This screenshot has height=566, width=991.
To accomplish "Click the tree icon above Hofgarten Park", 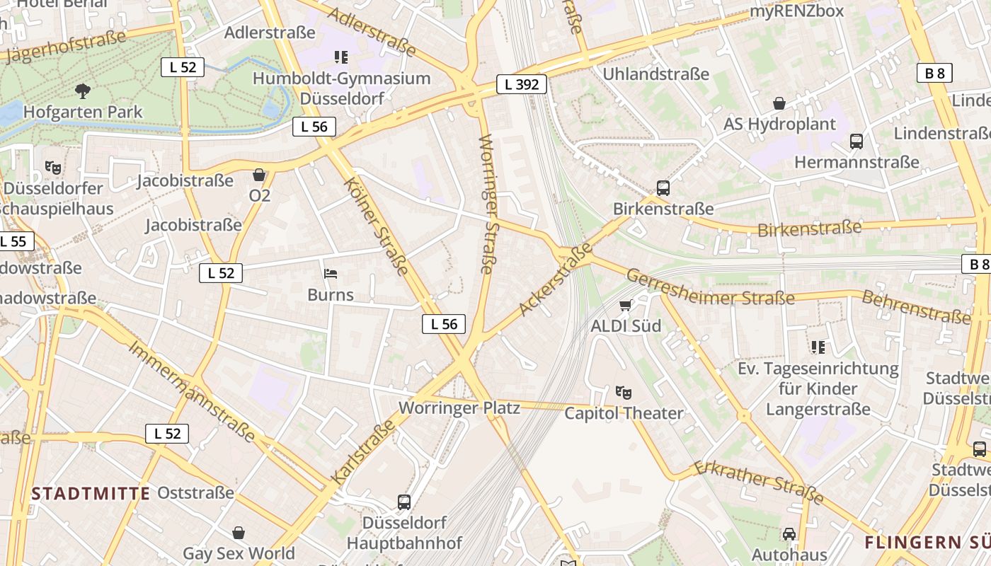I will pos(83,91).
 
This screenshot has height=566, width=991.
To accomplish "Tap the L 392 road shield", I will pos(522,85).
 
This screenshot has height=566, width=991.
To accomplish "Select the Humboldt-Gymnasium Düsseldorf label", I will pos(341,88).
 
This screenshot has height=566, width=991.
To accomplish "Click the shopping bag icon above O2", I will pos(259,175).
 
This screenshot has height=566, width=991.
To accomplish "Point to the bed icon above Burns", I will pos(330,273).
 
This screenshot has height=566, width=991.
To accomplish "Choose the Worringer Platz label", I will pos(459,408).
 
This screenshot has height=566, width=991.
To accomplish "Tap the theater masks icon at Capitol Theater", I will pos(623,392).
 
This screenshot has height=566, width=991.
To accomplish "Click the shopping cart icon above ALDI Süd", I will pos(625,305).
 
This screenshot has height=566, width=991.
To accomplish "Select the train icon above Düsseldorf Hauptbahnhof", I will pos(403,502).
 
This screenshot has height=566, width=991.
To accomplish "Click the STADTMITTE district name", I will pos(91,493).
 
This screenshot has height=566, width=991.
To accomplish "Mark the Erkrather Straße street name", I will pos(758,483).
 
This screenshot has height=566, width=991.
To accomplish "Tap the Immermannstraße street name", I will pos(191,391).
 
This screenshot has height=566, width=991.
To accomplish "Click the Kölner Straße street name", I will pos(376,226).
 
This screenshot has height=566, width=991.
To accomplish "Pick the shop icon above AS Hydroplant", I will pos(779,103).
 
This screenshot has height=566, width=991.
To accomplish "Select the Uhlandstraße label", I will pos(655,74).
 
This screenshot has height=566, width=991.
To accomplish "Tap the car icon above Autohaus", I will pos(789,533).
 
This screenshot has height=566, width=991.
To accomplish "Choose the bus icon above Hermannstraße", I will pos(857,141).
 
